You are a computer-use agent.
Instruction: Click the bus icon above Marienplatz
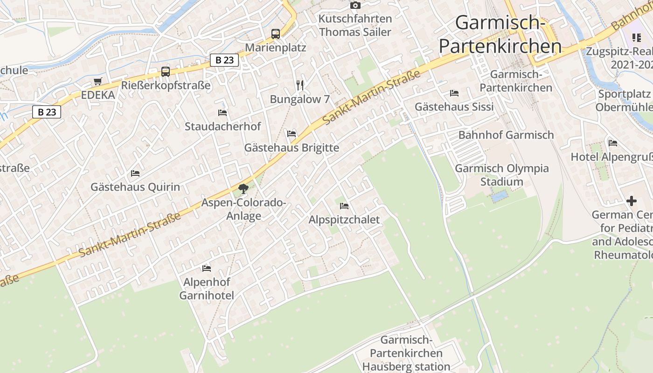click(276, 34)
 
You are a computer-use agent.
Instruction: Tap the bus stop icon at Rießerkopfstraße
click(166, 72)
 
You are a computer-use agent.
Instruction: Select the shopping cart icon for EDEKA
click(97, 82)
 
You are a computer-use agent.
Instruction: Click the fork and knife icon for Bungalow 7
click(300, 85)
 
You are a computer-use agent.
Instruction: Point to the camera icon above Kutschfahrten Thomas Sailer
click(355, 5)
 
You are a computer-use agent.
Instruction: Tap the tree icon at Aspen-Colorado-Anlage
click(243, 188)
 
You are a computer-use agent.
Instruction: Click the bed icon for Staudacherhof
click(222, 112)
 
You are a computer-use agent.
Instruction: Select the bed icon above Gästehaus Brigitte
click(292, 134)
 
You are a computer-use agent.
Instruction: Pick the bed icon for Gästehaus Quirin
click(135, 173)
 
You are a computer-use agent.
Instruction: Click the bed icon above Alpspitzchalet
click(344, 206)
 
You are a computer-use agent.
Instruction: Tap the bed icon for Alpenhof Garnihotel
click(207, 268)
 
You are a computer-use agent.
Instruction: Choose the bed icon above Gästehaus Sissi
click(454, 93)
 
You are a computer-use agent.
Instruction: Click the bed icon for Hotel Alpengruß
click(613, 143)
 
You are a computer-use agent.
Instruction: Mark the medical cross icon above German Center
click(632, 201)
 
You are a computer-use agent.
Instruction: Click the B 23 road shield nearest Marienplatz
click(224, 60)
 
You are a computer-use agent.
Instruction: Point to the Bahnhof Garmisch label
click(506, 135)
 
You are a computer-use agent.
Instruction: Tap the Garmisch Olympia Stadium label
click(502, 175)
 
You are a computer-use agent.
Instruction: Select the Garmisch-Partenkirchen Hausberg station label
click(406, 353)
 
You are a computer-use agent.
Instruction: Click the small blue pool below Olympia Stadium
click(499, 196)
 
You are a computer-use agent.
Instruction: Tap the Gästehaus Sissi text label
click(454, 107)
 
